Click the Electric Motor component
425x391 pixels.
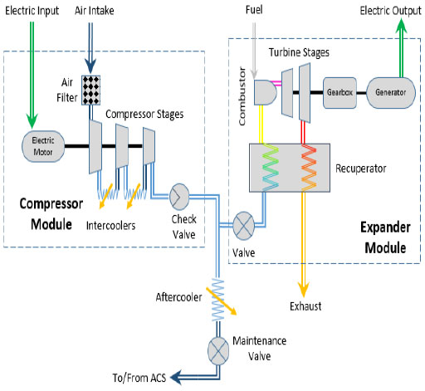43,146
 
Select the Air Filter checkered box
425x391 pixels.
91,90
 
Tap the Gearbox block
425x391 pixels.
340,93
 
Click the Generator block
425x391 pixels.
391,93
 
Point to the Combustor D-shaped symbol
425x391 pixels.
265,93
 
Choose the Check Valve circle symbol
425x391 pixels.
179,197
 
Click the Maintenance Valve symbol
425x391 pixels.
218,351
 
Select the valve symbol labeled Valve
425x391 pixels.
243,226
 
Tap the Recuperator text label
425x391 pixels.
361,169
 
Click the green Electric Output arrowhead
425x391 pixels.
402,27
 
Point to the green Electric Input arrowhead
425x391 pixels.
32,120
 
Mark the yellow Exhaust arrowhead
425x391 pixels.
304,290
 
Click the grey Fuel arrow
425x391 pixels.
254,51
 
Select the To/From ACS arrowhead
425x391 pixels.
176,377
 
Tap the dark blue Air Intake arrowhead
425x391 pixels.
90,66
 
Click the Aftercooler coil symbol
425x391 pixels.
217,300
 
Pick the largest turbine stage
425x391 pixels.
305,93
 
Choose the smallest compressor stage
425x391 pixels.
149,146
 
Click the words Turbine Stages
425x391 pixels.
299,52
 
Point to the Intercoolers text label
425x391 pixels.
110,226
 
